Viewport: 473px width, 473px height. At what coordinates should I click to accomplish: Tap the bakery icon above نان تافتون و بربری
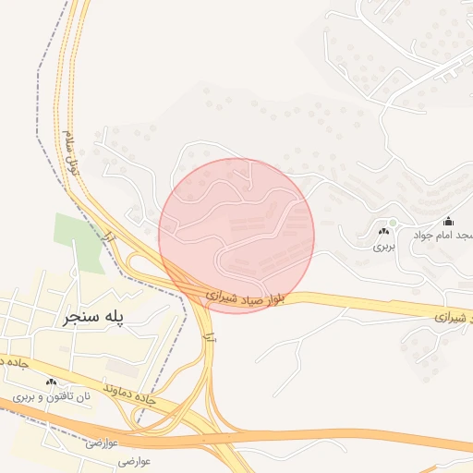click(51, 382)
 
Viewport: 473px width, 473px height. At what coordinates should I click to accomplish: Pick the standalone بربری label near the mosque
click(383, 247)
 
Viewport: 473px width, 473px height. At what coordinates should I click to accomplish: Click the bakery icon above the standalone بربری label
click(383, 231)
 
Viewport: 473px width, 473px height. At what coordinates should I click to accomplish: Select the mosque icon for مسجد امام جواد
click(449, 221)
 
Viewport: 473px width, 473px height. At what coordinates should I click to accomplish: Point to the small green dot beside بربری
click(393, 223)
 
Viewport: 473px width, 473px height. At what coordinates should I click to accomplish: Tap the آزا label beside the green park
click(110, 237)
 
